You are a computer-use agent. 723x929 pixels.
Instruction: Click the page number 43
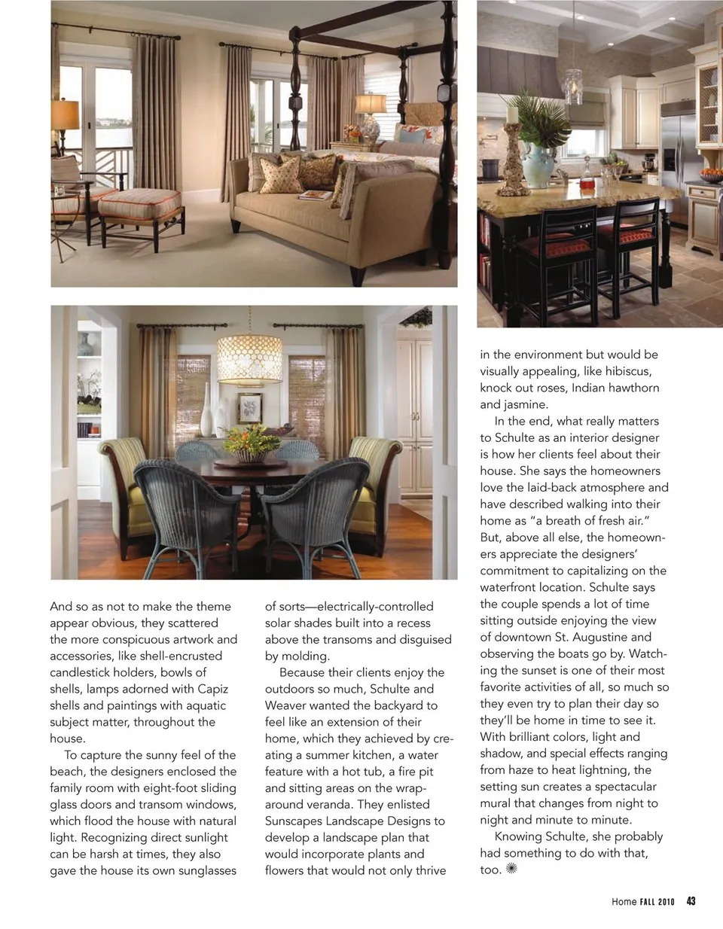(x=691, y=901)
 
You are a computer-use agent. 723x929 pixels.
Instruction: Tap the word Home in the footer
(x=624, y=902)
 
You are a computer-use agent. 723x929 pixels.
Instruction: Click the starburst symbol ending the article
(x=512, y=869)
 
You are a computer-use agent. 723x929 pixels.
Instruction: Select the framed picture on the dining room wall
(x=250, y=408)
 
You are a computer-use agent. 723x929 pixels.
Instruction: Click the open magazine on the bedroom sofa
(x=316, y=196)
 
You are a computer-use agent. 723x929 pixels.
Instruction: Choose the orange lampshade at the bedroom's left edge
(x=65, y=115)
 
